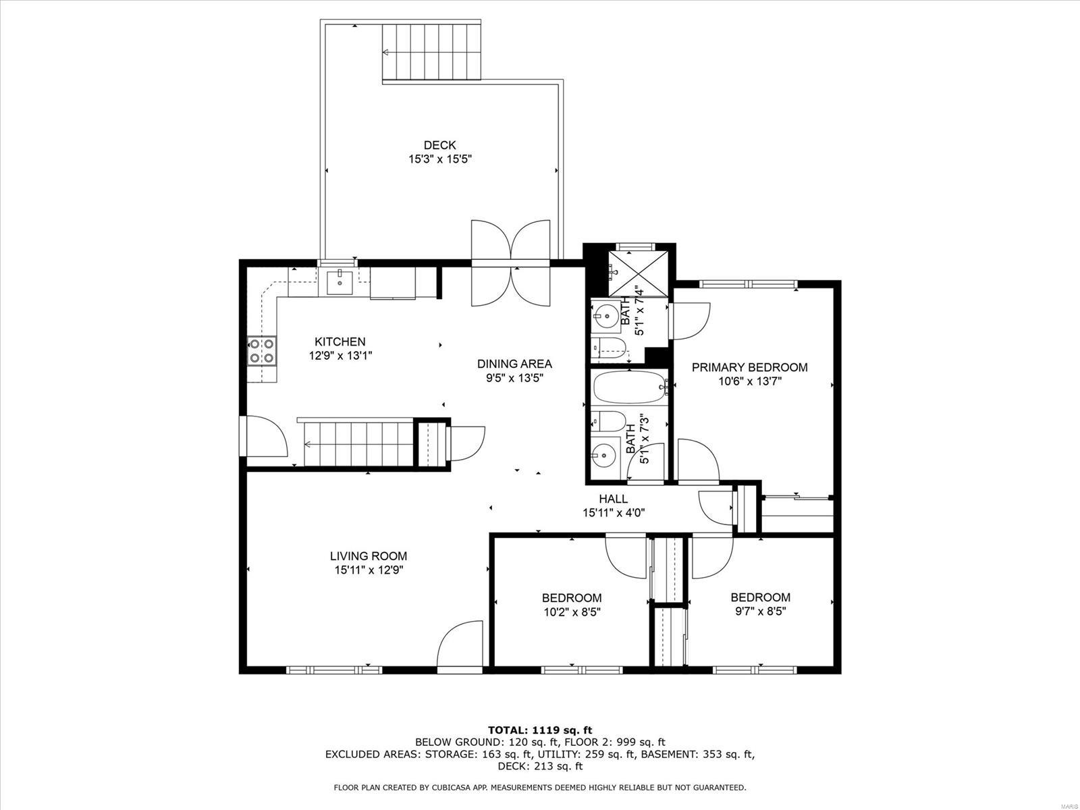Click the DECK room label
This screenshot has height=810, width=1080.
point(439,145)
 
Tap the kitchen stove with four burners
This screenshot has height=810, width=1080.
point(262,350)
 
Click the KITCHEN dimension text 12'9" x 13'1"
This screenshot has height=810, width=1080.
point(340,355)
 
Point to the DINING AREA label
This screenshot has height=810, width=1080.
point(514,364)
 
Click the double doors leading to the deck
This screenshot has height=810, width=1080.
point(511,263)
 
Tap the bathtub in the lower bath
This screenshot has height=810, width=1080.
point(628,387)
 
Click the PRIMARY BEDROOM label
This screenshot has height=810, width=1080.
point(749,367)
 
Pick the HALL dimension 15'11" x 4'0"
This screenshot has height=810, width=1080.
point(614,512)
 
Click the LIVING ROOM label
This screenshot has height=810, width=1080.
point(369,556)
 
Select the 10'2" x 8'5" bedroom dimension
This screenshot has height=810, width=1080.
point(572,612)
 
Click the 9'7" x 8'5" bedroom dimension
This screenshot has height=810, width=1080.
point(760,612)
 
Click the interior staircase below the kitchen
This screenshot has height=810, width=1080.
point(358,443)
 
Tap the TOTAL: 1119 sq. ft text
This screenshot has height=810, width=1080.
point(539,730)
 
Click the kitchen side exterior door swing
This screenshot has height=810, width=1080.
point(265,437)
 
